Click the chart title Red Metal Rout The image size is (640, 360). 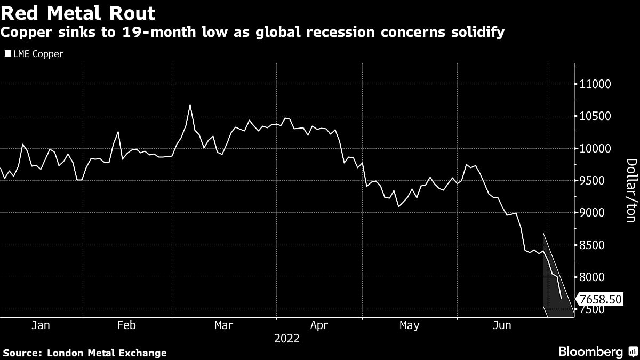(78, 13)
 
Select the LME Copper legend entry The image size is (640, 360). (34, 54)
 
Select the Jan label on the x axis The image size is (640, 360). (41, 325)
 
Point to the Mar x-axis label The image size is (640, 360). (224, 325)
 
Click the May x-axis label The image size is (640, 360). (410, 325)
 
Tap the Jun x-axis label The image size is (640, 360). (503, 325)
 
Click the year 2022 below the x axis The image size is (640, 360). (287, 338)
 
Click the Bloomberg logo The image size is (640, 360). (590, 351)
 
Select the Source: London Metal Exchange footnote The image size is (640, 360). (85, 353)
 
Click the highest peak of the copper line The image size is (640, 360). (190, 105)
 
